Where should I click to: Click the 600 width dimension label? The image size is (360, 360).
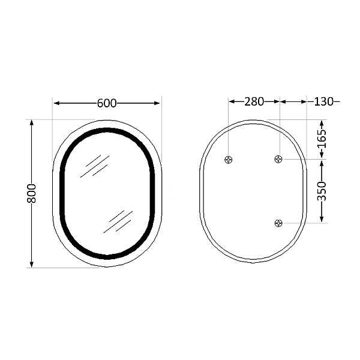(x=106, y=103)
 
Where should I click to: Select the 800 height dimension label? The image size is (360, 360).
(x=32, y=193)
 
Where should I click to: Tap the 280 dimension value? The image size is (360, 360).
(x=254, y=101)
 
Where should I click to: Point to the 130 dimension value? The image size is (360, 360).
(x=323, y=101)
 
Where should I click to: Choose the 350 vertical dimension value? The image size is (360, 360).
(x=322, y=191)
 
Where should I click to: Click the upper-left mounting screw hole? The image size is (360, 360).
(x=229, y=160)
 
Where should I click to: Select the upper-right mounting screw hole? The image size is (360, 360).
(x=278, y=159)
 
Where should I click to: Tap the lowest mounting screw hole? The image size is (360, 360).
(x=278, y=223)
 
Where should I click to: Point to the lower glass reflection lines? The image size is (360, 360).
(x=118, y=221)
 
